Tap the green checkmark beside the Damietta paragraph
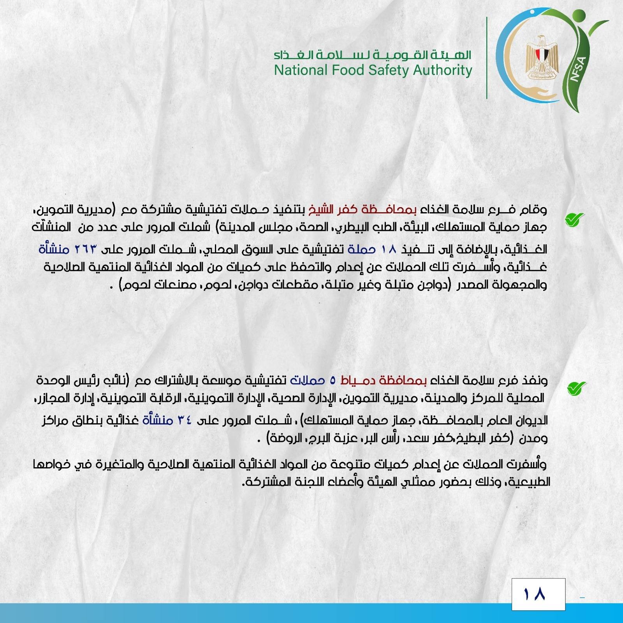pyautogui.click(x=576, y=388)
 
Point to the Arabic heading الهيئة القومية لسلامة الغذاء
pyautogui.click(x=372, y=55)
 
